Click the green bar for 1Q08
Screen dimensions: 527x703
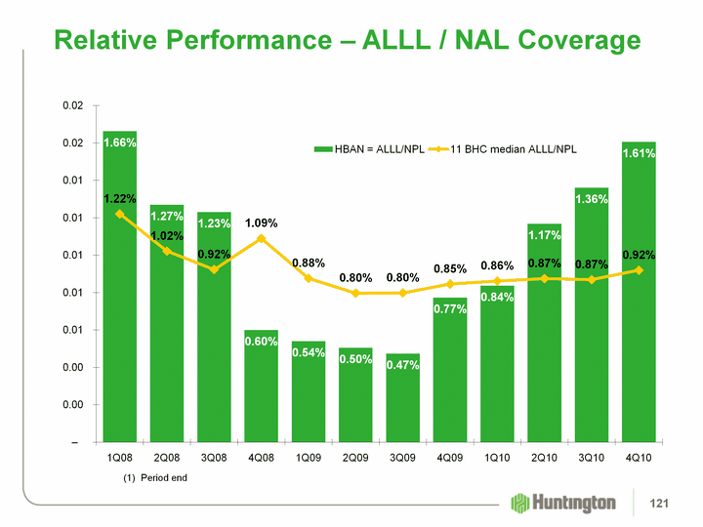click(119, 293)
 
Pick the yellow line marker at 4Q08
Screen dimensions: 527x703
click(262, 238)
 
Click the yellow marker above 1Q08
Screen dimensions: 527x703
click(119, 214)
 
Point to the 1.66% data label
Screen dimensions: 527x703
click(119, 143)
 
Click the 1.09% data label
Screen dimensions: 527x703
click(262, 222)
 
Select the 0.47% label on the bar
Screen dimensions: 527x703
click(402, 365)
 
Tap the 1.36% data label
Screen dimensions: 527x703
click(592, 199)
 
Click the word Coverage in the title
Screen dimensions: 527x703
click(562, 40)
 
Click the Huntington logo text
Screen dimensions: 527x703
click(576, 503)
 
